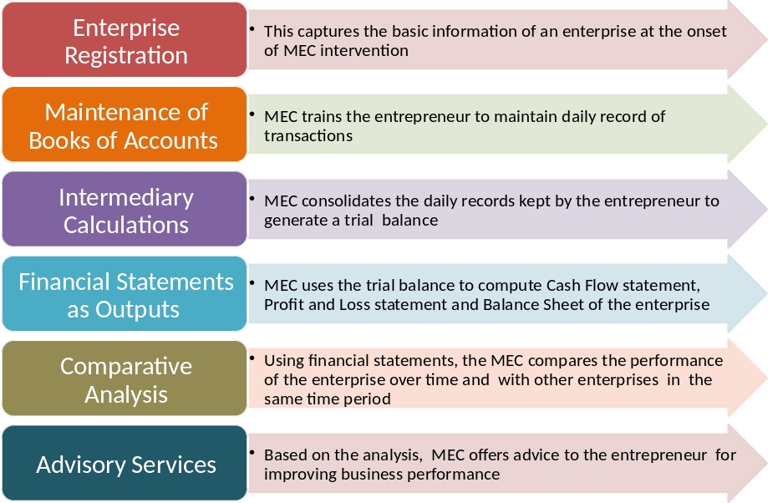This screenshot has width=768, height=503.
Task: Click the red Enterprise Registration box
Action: click(x=125, y=40)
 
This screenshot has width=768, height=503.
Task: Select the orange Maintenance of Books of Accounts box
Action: click(x=125, y=124)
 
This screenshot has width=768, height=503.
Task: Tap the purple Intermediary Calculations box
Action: click(x=125, y=209)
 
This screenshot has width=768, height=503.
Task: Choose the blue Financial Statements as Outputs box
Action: click(x=125, y=294)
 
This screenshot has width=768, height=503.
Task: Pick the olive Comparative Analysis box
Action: click(x=125, y=379)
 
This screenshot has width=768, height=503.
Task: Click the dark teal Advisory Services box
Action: click(x=125, y=464)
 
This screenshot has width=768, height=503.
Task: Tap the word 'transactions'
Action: click(x=308, y=135)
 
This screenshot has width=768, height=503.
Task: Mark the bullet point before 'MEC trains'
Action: click(x=252, y=114)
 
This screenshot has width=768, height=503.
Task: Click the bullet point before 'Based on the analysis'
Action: click(x=252, y=453)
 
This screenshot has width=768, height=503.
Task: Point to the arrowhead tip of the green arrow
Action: click(x=766, y=124)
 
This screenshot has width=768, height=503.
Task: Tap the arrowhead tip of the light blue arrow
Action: click(x=766, y=293)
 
